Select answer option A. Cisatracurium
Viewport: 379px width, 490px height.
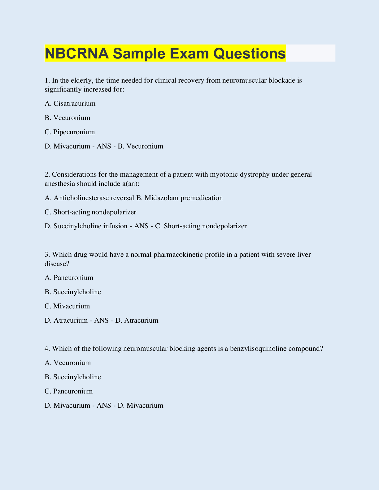coord(70,104)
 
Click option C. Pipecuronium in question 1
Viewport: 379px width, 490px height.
coord(70,132)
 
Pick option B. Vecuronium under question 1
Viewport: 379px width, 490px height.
coord(68,118)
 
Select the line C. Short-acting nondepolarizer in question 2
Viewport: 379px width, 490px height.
coord(90,212)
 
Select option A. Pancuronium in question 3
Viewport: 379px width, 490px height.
coord(69,278)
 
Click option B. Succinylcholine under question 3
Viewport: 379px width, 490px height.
coord(73,292)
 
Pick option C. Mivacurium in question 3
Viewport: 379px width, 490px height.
coord(67,306)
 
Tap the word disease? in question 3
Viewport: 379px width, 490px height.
coord(57,264)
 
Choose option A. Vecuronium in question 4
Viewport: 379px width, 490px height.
coord(68,363)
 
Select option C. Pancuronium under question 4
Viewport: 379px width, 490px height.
coord(69,391)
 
